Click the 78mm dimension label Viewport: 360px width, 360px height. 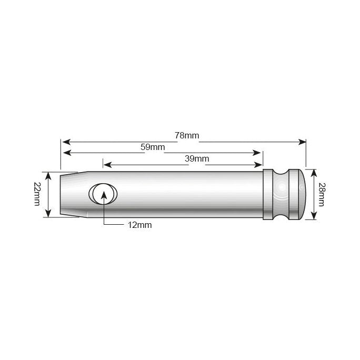(x=187, y=135)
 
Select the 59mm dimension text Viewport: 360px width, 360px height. (x=153, y=147)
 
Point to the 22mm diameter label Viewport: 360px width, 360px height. (x=37, y=194)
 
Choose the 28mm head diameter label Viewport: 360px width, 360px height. (x=322, y=194)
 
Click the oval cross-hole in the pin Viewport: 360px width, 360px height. (x=103, y=194)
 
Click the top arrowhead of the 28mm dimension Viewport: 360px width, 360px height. (x=314, y=173)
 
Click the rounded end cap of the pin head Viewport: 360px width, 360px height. (x=298, y=194)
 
